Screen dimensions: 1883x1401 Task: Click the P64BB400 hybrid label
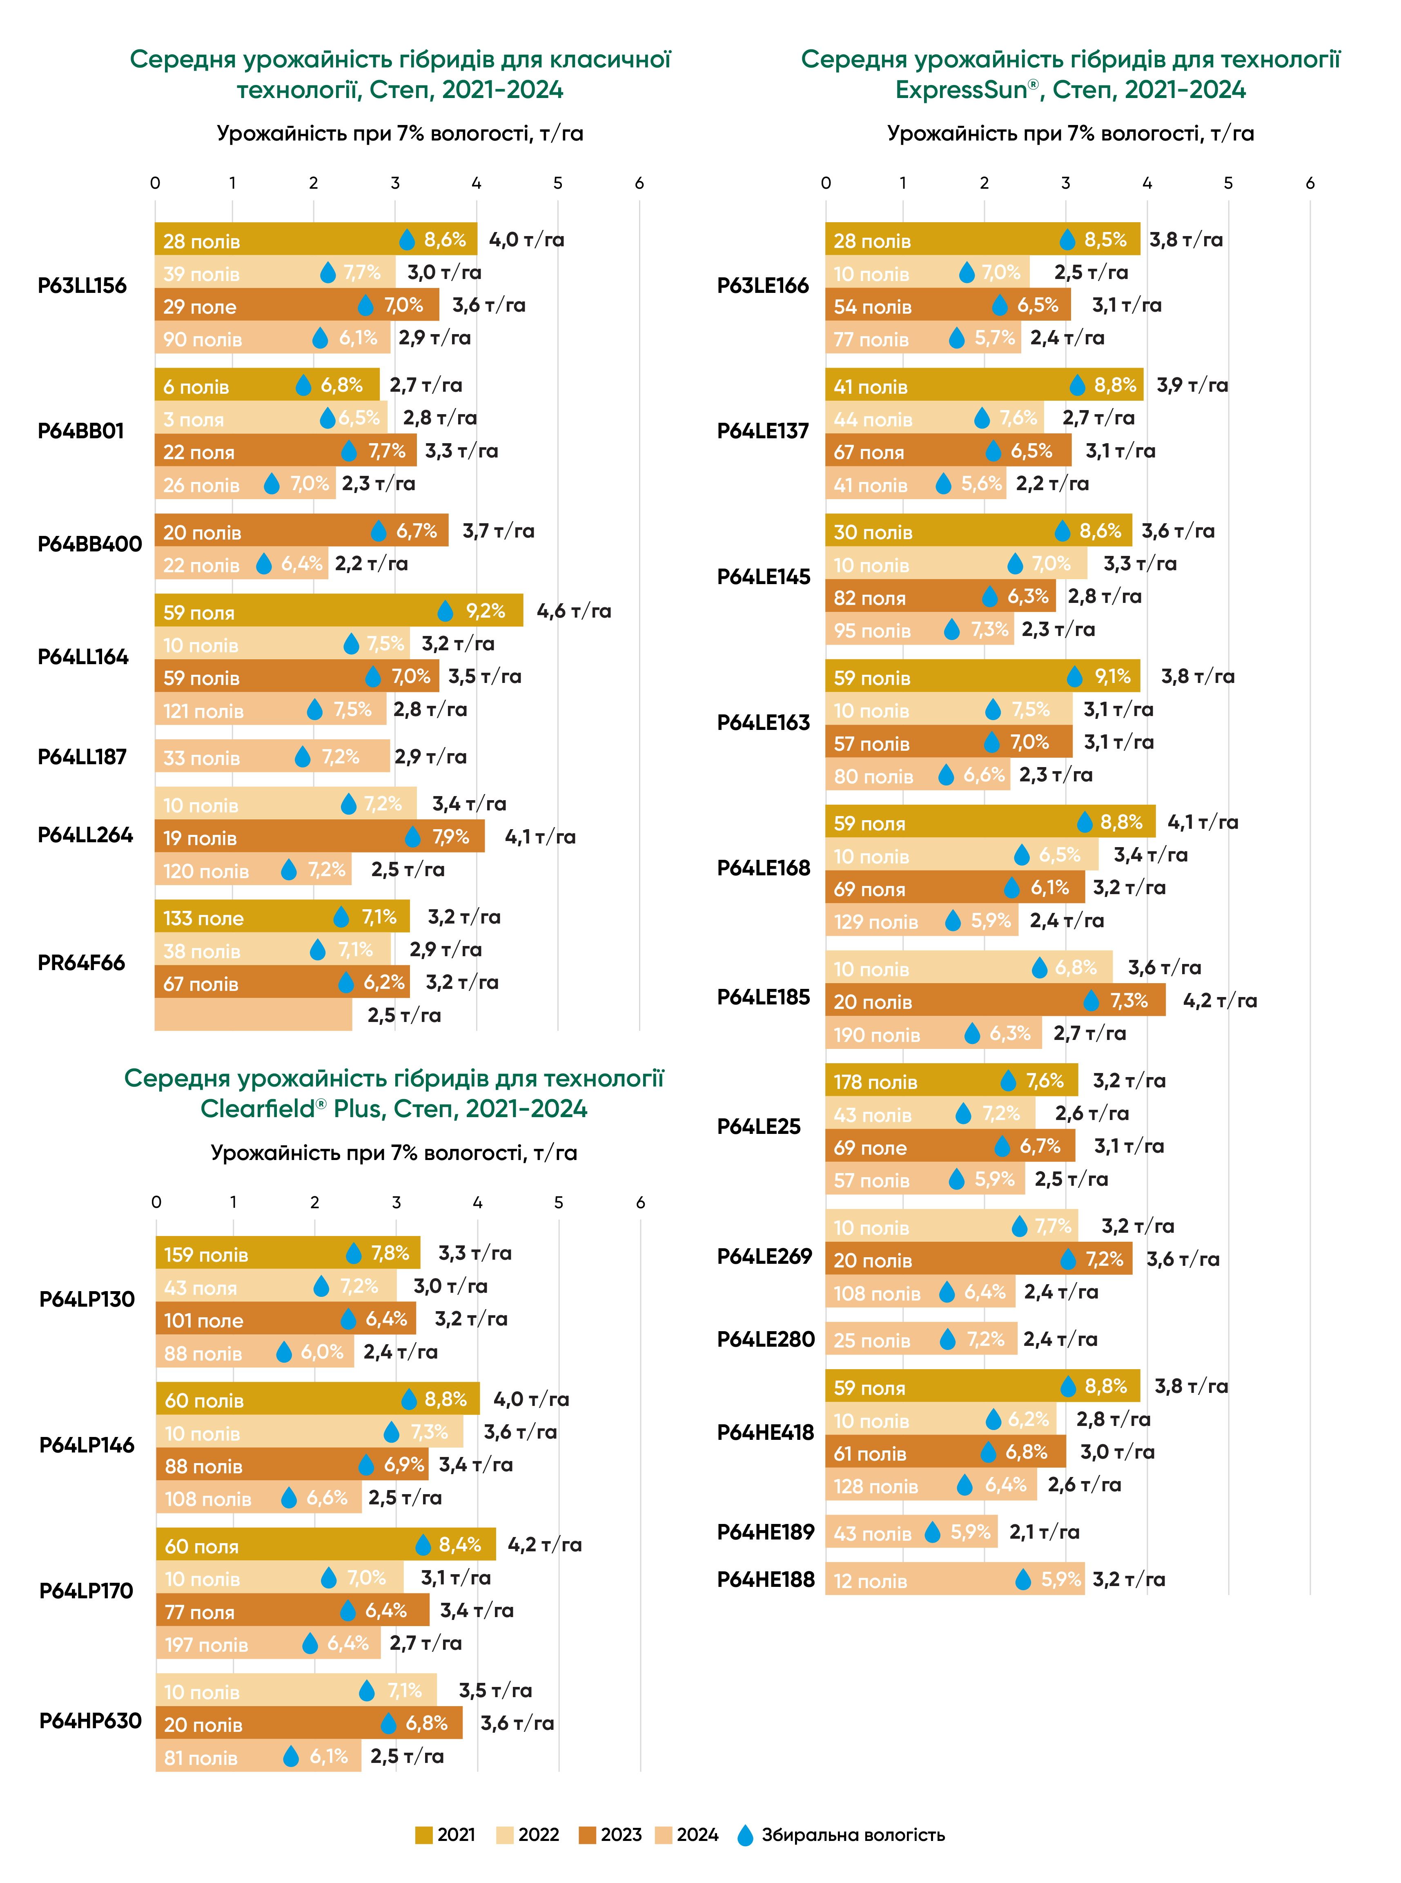click(90, 544)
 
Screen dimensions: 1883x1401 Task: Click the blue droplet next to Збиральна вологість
click(746, 1835)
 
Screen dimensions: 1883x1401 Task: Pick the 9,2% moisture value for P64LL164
click(485, 611)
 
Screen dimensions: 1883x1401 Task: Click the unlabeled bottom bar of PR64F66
click(253, 1015)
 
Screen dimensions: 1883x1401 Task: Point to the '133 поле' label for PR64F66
click(203, 918)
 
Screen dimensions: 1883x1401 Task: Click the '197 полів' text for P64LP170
click(206, 1644)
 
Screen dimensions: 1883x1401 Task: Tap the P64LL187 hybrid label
click(82, 756)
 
